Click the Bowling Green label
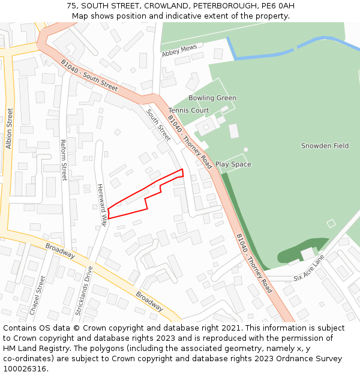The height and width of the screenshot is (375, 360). click(x=212, y=98)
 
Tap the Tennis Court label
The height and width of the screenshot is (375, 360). click(x=188, y=110)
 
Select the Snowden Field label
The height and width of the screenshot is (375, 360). click(x=325, y=146)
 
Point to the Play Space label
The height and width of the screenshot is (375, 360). click(x=233, y=164)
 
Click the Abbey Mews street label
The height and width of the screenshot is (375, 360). click(x=179, y=52)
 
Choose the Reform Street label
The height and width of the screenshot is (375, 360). click(x=64, y=160)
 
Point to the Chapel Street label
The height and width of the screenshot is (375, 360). click(x=38, y=295)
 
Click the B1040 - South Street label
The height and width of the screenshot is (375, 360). click(x=89, y=75)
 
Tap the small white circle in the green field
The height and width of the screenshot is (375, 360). click(x=246, y=149)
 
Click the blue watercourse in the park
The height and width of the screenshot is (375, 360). click(x=282, y=50)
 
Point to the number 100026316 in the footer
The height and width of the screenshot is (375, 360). click(x=24, y=368)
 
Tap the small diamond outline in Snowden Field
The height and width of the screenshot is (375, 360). click(x=331, y=223)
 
